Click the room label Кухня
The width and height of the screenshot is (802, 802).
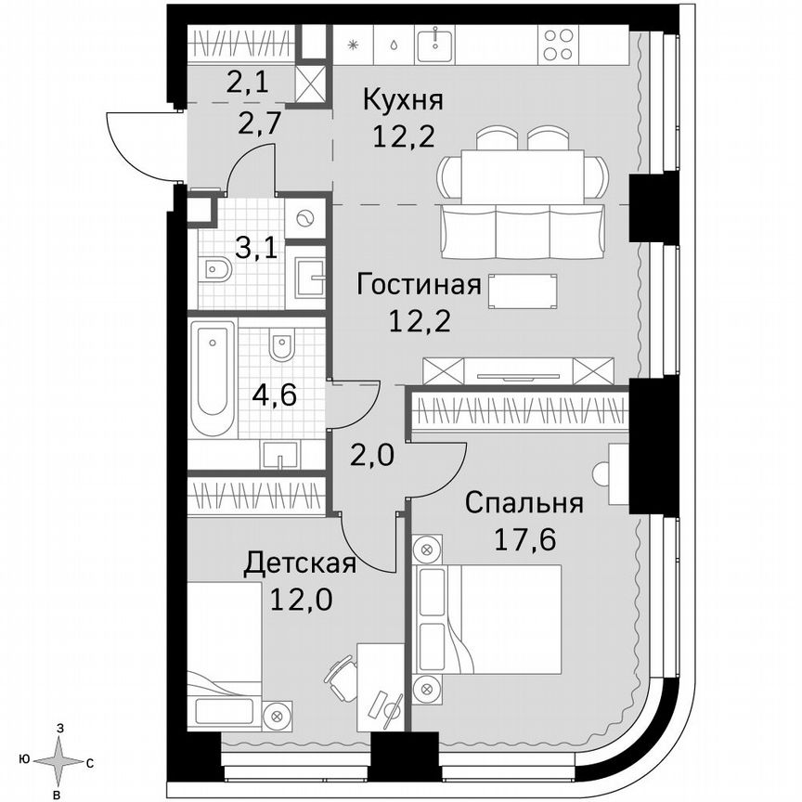coord(403,99)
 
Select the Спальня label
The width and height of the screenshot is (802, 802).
coord(524,504)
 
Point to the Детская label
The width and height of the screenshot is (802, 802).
coord(300,563)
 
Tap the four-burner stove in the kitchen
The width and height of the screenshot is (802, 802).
coord(558,45)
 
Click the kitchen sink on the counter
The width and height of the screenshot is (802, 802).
coord(433,44)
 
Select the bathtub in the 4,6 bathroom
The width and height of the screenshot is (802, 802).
coord(213,379)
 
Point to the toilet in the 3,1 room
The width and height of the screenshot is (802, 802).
coord(216,270)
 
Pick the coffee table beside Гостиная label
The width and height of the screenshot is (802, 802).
coord(524,291)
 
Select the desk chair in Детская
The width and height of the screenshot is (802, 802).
coord(341,679)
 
